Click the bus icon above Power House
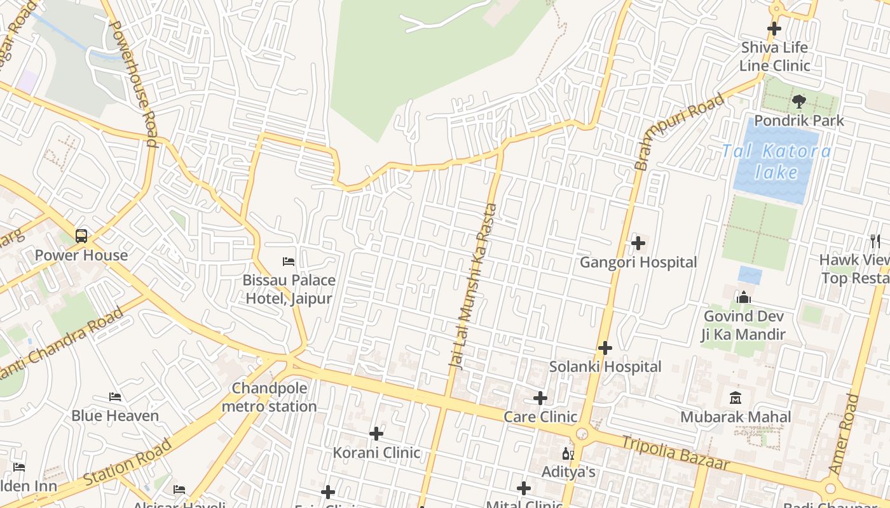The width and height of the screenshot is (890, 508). click(81, 236)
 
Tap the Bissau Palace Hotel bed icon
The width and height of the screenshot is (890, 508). click(289, 261)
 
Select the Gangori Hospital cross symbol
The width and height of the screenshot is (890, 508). click(638, 243)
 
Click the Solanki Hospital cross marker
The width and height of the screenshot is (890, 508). click(605, 348)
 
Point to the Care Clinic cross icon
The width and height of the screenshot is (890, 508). click(540, 398)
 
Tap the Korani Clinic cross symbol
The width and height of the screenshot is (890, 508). click(376, 434)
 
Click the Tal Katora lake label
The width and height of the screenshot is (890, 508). click(776, 161)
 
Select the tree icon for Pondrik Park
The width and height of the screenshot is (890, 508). click(799, 102)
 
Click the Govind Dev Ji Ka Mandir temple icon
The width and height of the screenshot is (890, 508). click(743, 297)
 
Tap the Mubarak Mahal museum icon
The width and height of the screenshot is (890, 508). click(736, 398)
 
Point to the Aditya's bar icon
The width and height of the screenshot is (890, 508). click(568, 454)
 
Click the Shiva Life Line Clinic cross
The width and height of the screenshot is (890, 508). click(774, 29)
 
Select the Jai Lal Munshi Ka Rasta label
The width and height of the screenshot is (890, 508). click(473, 286)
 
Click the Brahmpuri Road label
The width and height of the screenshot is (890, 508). click(679, 131)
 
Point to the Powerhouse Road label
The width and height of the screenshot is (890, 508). click(134, 83)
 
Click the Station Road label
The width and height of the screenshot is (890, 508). click(127, 462)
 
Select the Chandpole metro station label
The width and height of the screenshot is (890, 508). click(270, 397)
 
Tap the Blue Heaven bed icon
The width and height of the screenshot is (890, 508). click(115, 397)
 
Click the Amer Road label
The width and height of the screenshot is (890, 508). click(844, 433)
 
